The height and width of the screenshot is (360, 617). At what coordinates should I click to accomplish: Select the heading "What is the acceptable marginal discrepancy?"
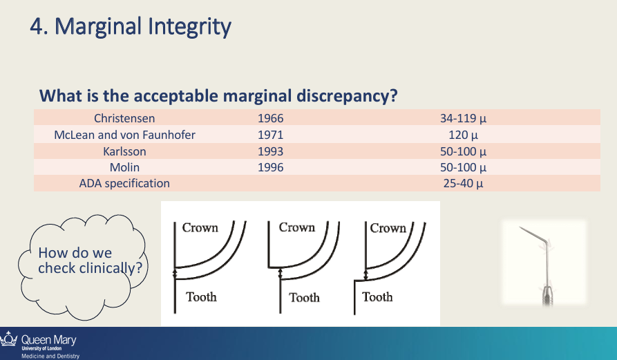pyautogui.click(x=218, y=95)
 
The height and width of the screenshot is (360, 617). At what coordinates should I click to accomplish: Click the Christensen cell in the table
pyautogui.click(x=124, y=118)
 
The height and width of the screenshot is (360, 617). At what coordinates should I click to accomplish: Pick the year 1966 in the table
pyautogui.click(x=270, y=118)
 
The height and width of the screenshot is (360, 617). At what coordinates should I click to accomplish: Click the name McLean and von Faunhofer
pyautogui.click(x=124, y=135)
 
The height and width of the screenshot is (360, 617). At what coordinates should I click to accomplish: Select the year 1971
pyautogui.click(x=270, y=135)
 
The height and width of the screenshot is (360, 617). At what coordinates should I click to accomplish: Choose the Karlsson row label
pyautogui.click(x=124, y=151)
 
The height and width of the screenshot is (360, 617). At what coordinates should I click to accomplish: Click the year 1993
pyautogui.click(x=270, y=151)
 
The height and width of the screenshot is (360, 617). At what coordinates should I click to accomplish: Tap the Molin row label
pyautogui.click(x=124, y=167)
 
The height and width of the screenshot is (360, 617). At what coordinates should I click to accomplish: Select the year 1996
pyautogui.click(x=270, y=167)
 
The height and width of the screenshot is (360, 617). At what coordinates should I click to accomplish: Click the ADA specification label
pyautogui.click(x=124, y=183)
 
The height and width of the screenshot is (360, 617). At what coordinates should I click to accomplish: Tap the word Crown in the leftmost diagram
pyautogui.click(x=200, y=228)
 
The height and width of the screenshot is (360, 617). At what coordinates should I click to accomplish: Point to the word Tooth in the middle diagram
pyautogui.click(x=304, y=298)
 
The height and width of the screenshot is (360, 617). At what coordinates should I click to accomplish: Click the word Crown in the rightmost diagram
pyautogui.click(x=388, y=228)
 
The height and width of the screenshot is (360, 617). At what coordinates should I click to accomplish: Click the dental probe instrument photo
pyautogui.click(x=544, y=263)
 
